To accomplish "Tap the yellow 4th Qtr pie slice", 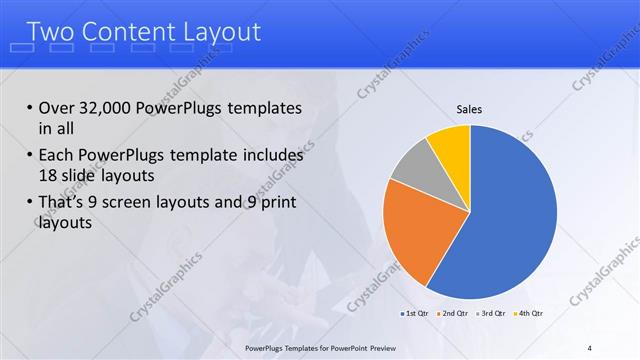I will tap(450, 145).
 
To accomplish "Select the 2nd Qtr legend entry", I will tap(453, 314).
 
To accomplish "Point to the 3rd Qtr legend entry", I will tap(491, 314).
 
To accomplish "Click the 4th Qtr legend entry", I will tap(529, 314).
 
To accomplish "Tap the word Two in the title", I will tap(50, 32).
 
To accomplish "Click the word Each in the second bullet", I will tap(56, 156).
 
